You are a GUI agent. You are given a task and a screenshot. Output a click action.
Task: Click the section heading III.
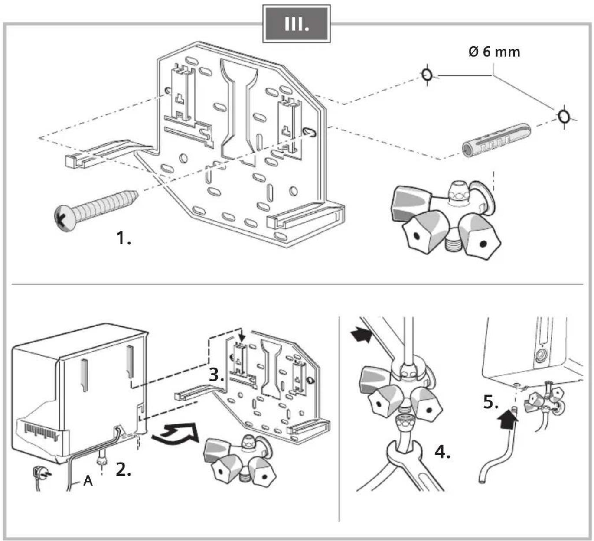[297, 24]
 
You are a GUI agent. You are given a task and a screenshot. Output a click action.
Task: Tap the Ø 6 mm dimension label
[494, 52]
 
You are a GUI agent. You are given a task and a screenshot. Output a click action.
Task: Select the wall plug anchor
[496, 140]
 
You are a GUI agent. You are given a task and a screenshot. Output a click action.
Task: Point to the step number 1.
[123, 238]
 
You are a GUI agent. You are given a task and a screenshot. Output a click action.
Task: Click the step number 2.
[123, 469]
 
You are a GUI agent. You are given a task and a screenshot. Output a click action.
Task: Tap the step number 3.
[216, 375]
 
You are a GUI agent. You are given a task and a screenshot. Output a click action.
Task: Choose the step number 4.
[442, 452]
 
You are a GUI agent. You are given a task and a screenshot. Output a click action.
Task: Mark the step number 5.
[491, 402]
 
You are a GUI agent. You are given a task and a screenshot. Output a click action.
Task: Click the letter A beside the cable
[88, 481]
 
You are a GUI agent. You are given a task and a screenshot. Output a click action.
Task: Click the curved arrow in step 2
[175, 434]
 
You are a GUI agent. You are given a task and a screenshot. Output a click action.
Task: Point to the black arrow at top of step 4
[361, 336]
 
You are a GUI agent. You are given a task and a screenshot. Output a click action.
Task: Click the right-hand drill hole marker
[564, 117]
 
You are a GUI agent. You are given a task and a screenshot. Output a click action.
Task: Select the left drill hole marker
[427, 75]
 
